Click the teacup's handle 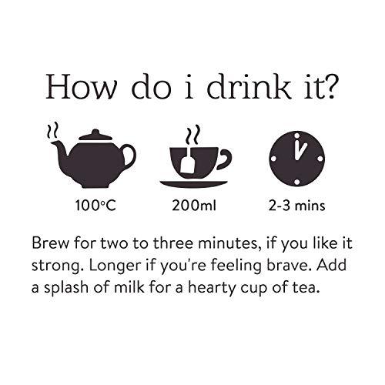point(223,160)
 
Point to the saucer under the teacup point(193,182)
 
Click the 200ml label point(193,207)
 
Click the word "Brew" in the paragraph point(50,245)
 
